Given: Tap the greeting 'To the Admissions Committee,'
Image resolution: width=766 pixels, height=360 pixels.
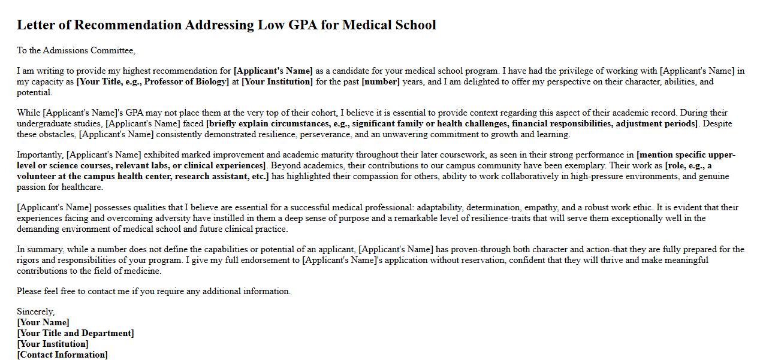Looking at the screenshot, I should [76, 50].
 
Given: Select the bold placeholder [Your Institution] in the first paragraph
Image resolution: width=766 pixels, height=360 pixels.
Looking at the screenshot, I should [277, 81].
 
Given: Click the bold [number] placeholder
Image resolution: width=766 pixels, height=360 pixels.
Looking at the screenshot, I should [381, 81].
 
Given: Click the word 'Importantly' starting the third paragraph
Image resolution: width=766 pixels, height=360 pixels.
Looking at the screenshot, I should [40, 155].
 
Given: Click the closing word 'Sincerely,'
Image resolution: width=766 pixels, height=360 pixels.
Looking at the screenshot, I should [36, 311].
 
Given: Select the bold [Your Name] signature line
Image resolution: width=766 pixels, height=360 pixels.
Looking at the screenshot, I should [43, 322].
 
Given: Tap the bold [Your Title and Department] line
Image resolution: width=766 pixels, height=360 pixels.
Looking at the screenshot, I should [76, 333].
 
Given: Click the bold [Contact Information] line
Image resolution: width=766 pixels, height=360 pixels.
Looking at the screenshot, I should [62, 355].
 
